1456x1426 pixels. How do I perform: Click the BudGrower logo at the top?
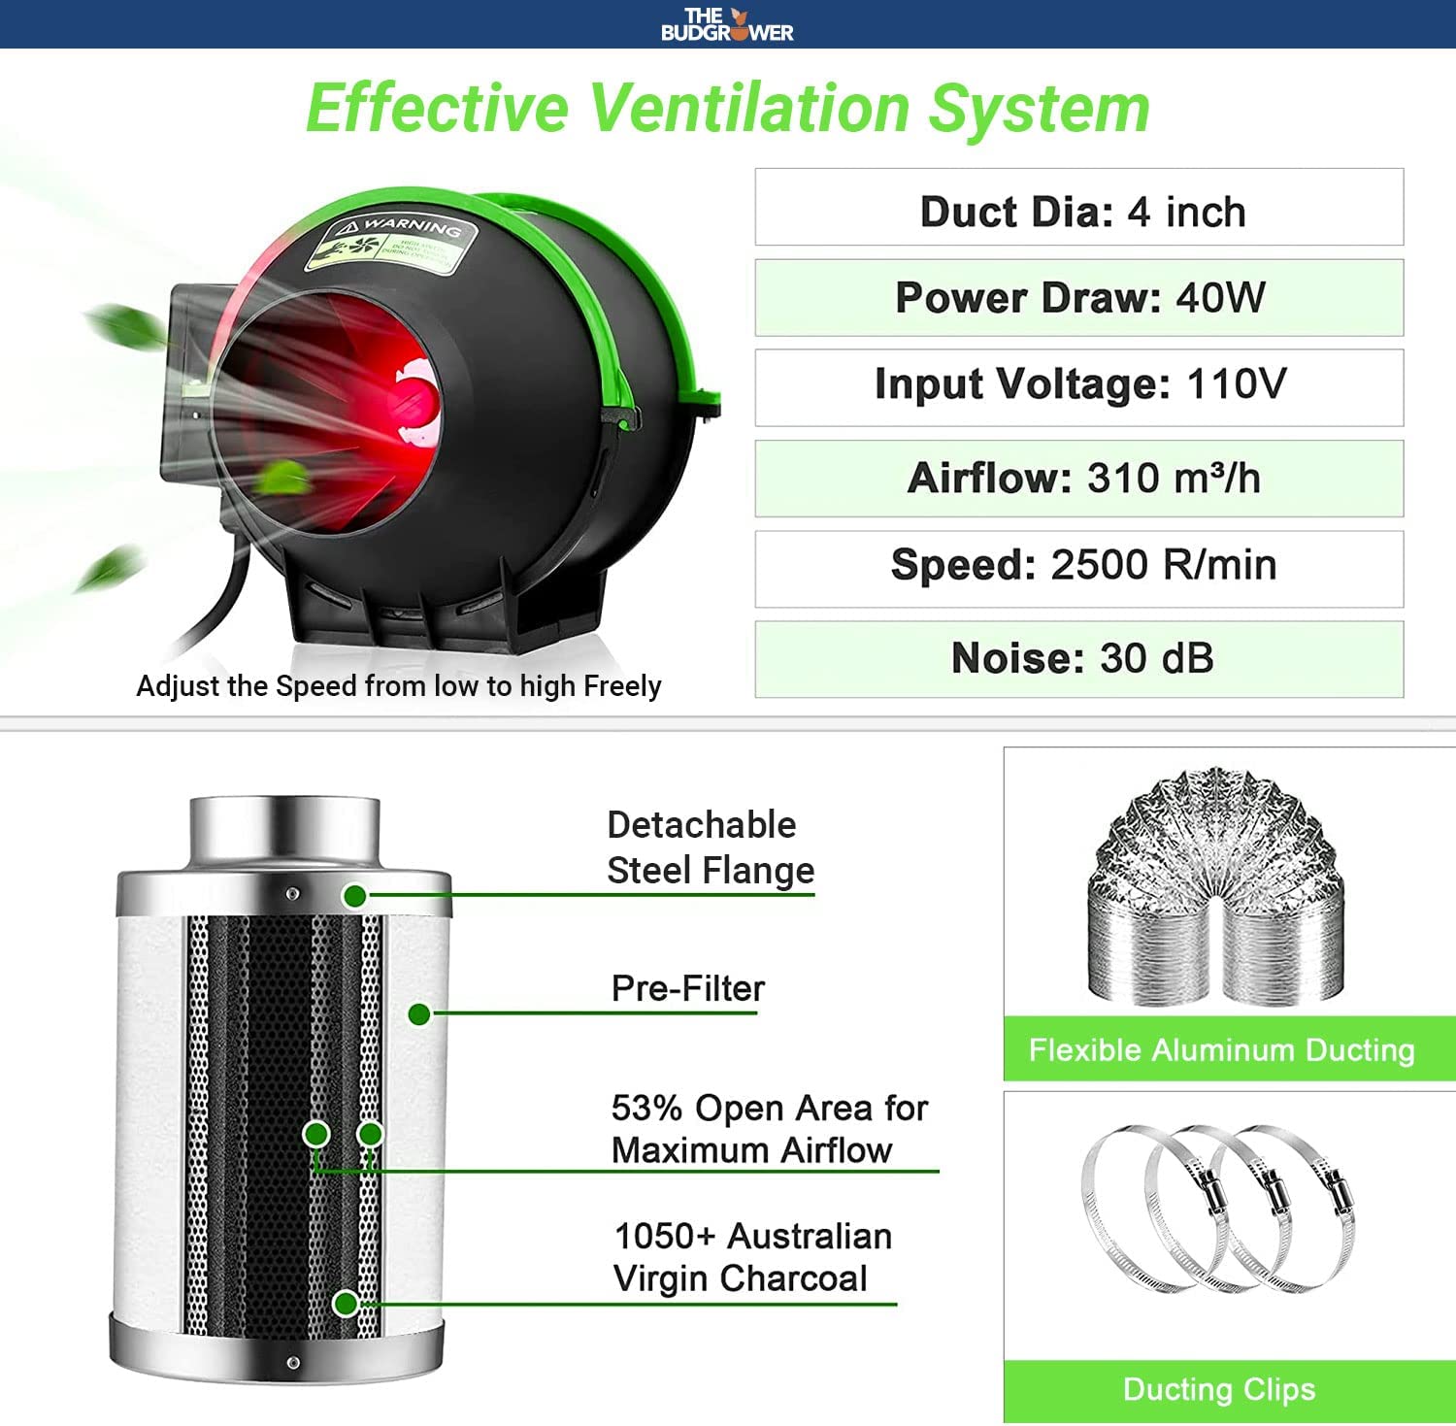(727, 24)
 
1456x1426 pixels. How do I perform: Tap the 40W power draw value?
(1221, 298)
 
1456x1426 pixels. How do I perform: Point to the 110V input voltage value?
(1237, 384)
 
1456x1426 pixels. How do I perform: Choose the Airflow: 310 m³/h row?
(1079, 479)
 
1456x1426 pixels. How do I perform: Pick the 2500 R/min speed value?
(1164, 565)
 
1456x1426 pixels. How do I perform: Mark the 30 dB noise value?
(1157, 658)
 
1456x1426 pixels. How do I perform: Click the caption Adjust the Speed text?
(398, 686)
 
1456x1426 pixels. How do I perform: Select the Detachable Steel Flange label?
(710, 847)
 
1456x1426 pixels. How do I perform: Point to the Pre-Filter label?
(687, 988)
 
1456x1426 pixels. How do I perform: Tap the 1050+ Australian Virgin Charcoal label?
(752, 1257)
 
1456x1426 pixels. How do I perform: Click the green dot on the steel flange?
(355, 896)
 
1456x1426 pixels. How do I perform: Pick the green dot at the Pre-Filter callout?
(419, 1014)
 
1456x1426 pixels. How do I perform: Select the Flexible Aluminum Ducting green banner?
(1221, 1049)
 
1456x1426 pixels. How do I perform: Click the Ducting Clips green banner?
(1219, 1389)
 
